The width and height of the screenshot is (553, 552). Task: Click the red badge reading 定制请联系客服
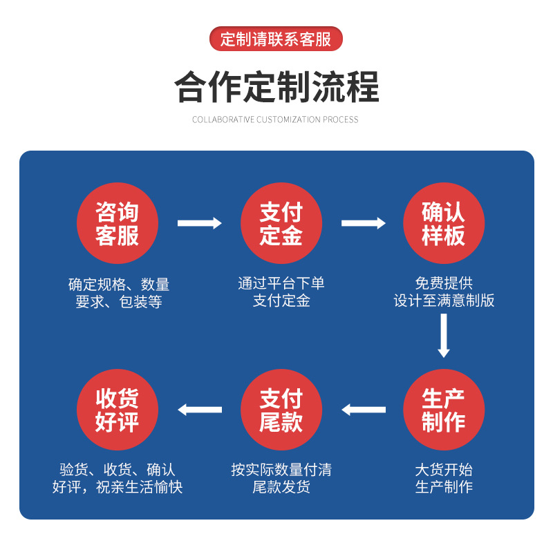276,39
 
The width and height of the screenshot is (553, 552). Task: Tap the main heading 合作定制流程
276,87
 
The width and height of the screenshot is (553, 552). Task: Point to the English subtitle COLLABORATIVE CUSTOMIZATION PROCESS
275,120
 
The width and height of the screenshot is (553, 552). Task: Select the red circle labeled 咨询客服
118,223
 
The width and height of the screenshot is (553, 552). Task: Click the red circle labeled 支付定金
281,223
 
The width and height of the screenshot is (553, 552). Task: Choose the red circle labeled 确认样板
444,223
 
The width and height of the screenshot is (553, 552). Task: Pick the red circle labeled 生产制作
444,410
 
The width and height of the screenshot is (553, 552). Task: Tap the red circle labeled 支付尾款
281,410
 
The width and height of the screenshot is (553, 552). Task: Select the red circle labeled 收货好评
118,410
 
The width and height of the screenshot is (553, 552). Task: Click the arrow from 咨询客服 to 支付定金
200,223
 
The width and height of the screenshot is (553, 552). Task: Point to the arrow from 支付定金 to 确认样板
364,223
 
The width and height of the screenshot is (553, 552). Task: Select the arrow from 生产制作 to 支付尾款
364,410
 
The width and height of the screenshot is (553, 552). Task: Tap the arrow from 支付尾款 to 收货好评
200,410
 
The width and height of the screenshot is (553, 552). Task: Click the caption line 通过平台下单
281,283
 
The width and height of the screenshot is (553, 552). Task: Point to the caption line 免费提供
444,283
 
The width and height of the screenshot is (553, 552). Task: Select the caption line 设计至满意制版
444,301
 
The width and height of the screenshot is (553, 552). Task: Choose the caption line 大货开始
444,470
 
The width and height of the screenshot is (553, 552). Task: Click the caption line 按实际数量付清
281,470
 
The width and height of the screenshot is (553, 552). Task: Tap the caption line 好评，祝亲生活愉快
118,487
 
